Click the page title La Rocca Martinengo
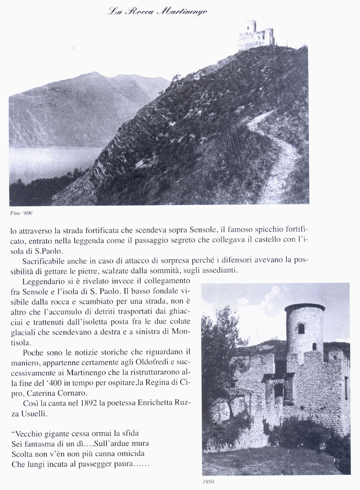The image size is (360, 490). [157, 12]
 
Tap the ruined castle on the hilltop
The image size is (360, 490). [256, 35]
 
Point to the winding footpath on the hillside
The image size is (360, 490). [280, 160]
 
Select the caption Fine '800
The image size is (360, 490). [21, 213]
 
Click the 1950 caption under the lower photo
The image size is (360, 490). [208, 482]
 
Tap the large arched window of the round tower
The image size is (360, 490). [301, 328]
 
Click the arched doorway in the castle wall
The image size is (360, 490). [279, 390]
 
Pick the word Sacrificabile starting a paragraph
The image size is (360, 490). [44, 261]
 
